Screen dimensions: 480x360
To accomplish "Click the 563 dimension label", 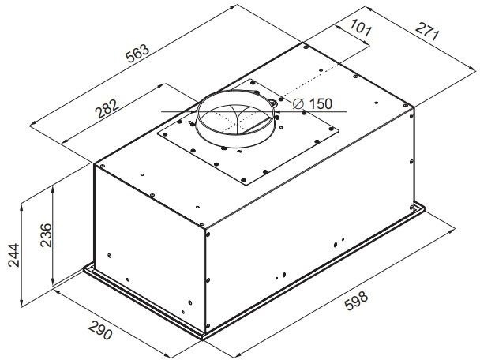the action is (x=138, y=54).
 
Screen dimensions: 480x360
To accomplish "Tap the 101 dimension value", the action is (x=361, y=28).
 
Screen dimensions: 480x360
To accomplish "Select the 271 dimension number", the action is (x=427, y=32).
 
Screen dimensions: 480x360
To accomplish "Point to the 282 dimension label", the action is (x=107, y=109).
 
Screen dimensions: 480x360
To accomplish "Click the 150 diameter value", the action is (x=321, y=103).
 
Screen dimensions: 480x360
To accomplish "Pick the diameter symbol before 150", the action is (x=298, y=103).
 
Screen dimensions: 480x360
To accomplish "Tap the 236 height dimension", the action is (x=47, y=235).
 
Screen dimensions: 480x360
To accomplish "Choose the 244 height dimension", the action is (x=13, y=255).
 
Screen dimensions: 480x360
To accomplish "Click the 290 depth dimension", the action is (x=100, y=331).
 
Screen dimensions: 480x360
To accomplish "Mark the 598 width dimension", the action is (x=356, y=301).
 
